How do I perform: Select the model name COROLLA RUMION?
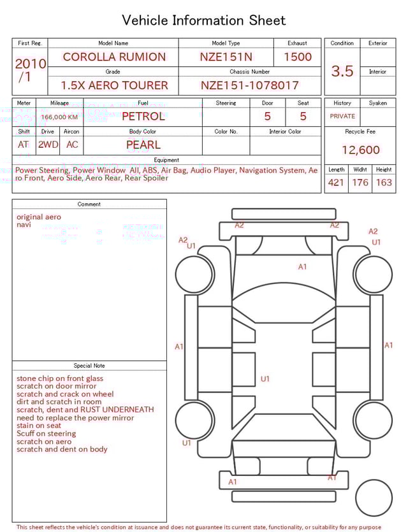coord(114,57)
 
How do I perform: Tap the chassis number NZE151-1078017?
coord(250,85)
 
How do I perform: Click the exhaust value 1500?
coord(298,57)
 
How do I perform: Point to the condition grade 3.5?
coord(342,71)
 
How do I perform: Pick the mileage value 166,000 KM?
coord(59,117)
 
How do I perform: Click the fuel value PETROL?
coord(143,117)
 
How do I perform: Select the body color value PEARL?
coord(143,145)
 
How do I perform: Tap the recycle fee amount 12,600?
coord(361,150)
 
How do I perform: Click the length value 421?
coord(336,183)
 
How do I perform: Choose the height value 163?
coord(384,183)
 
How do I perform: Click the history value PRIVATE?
coord(342,117)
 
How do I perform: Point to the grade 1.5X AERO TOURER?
coord(114,85)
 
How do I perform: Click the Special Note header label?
coord(89,366)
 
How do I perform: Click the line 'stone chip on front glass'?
coord(60,378)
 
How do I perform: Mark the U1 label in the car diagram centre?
coord(265,379)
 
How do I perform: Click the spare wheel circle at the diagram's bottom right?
coord(374,498)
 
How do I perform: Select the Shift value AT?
coord(24,145)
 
